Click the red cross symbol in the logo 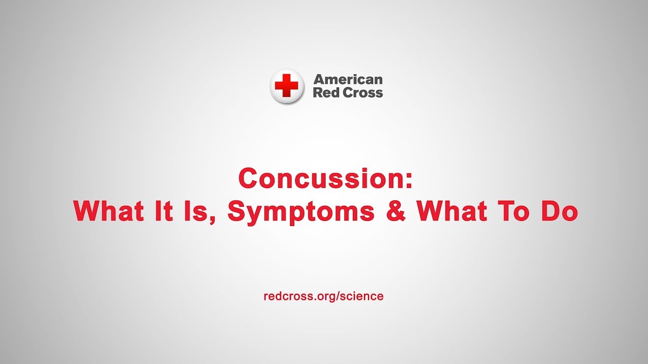pos(286,85)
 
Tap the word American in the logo pos(348,79)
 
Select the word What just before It pos(109,211)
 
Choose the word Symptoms pos(301,213)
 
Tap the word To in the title pos(512,211)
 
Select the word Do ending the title pos(558,211)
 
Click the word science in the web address pos(361,296)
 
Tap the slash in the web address pos(338,296)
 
